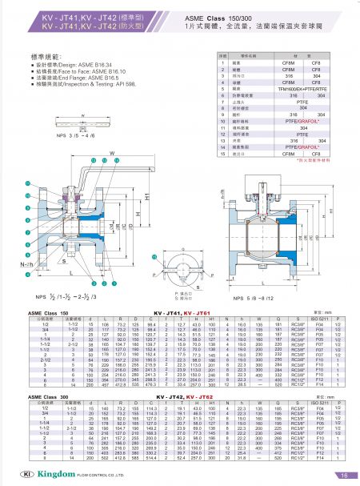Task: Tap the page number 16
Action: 341,474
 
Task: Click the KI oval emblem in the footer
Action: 20,474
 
